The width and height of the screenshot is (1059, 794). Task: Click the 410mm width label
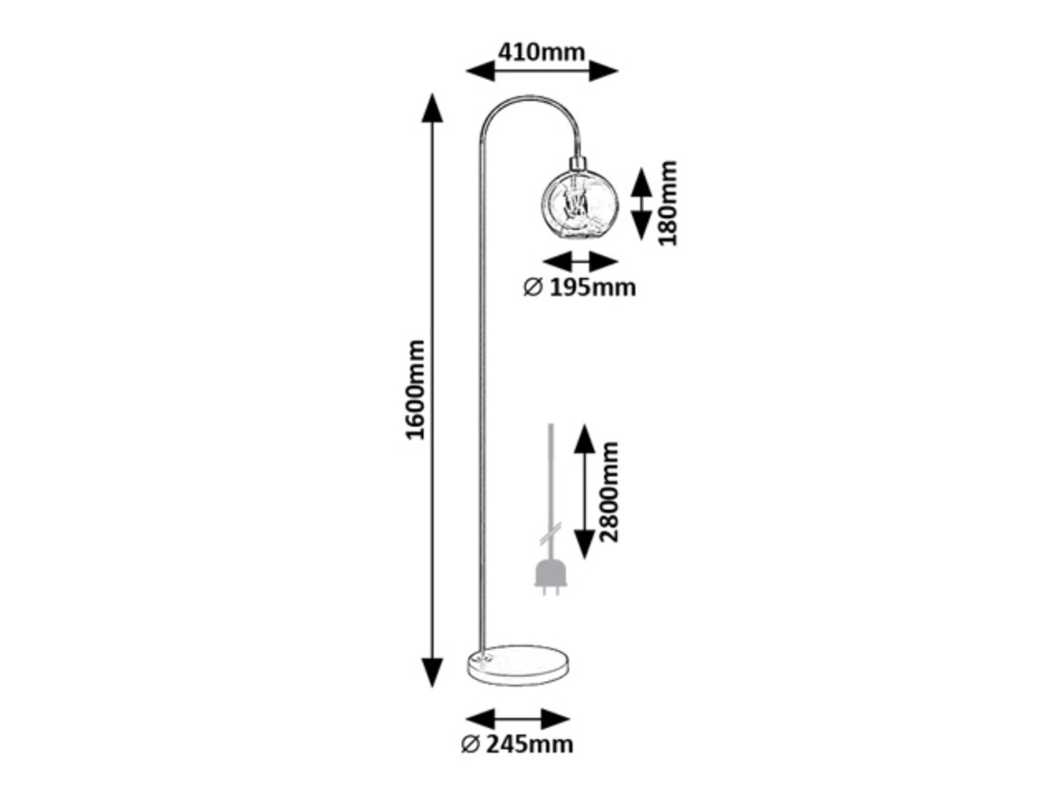(541, 52)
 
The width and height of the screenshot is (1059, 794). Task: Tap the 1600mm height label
(415, 390)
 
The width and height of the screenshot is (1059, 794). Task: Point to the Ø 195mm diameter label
(580, 287)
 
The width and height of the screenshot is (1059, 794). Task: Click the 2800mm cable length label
(608, 492)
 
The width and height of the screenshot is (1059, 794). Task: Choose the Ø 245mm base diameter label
(517, 758)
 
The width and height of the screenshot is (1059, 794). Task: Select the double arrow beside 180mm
(641, 204)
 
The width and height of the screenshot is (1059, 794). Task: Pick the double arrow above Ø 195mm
(580, 262)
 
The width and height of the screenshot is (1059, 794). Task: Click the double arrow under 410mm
(542, 71)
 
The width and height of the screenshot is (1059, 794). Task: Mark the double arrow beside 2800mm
(584, 491)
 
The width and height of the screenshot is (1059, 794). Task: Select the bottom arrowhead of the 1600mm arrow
(432, 673)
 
